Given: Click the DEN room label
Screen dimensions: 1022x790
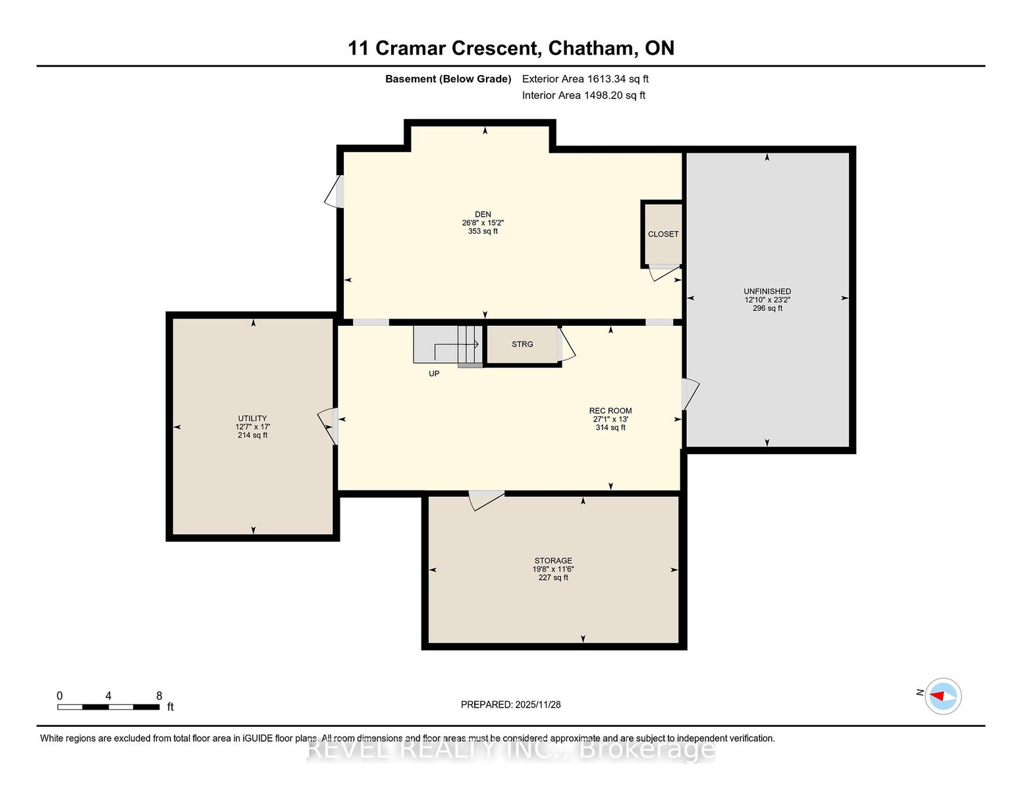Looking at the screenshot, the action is point(483,215).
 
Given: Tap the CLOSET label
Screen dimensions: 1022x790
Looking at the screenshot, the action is point(663,234).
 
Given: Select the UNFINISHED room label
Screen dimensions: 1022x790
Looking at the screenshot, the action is point(767,292).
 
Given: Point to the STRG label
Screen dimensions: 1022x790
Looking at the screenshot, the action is point(522,344).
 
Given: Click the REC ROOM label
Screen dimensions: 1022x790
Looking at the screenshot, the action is point(610,411).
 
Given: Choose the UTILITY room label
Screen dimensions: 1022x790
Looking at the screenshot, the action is point(253,418).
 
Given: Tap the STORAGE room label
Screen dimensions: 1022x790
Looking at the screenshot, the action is point(553,561).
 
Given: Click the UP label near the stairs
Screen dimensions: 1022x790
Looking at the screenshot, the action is point(434,374).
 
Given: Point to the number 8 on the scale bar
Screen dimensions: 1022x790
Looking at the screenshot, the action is point(159,696).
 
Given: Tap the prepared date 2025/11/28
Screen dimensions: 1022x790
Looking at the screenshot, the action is point(538,704).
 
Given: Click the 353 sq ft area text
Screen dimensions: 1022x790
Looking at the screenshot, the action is point(483,231).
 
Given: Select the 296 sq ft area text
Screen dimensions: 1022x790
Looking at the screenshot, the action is point(767,308).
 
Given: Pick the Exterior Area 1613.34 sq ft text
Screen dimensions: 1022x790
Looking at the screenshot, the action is point(585,79).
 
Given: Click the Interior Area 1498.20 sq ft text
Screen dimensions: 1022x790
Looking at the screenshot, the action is point(583,95).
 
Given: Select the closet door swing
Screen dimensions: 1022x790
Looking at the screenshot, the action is point(665,273).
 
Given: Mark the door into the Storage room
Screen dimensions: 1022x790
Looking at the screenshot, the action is point(487,500).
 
